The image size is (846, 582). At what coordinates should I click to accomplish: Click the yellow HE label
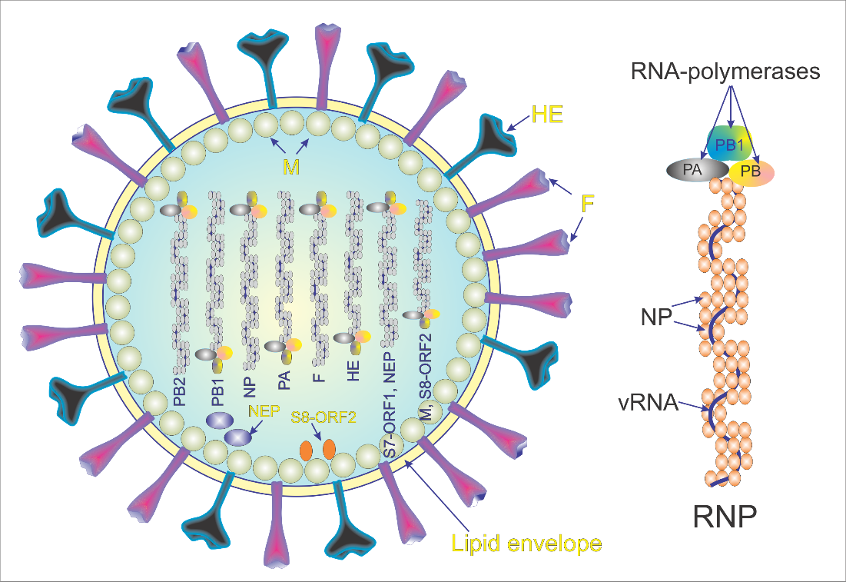coord(548,118)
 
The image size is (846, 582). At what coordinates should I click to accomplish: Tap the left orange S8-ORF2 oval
coord(305,448)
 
